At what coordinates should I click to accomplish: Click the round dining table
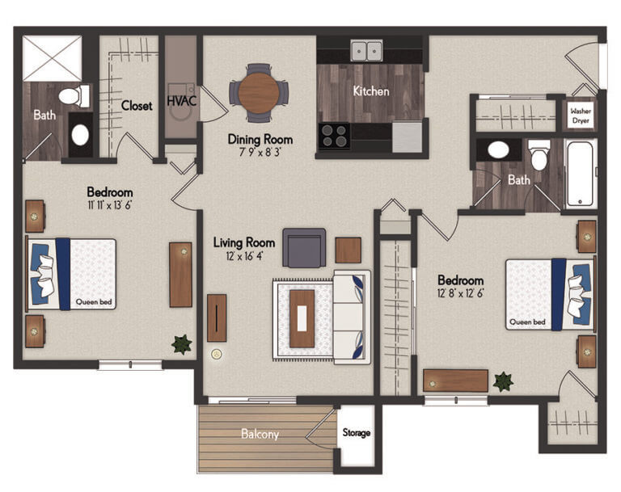tap(259, 93)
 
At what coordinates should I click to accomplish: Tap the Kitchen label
tap(371, 91)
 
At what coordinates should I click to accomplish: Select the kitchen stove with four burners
tap(333, 135)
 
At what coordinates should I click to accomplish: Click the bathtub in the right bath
tap(581, 173)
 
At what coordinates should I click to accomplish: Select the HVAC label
tap(181, 101)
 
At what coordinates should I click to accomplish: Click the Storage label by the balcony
tap(356, 433)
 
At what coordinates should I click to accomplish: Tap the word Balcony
tap(260, 435)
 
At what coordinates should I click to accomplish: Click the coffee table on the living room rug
tap(302, 318)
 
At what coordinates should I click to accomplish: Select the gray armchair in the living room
tap(304, 247)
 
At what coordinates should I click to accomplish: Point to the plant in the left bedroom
tap(181, 344)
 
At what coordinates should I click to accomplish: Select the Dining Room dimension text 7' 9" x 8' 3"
tap(260, 152)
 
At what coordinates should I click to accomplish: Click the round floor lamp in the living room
tap(216, 354)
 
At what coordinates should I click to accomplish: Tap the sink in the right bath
tap(498, 149)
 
